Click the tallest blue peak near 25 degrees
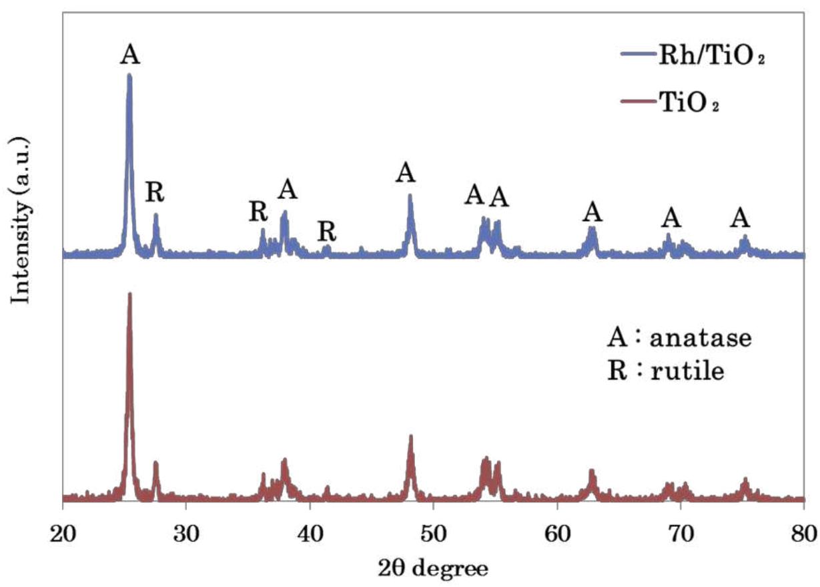click(129, 76)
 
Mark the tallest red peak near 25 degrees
click(129, 295)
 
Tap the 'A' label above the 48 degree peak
click(406, 173)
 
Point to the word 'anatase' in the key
click(708, 338)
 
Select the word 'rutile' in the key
click(697, 371)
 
